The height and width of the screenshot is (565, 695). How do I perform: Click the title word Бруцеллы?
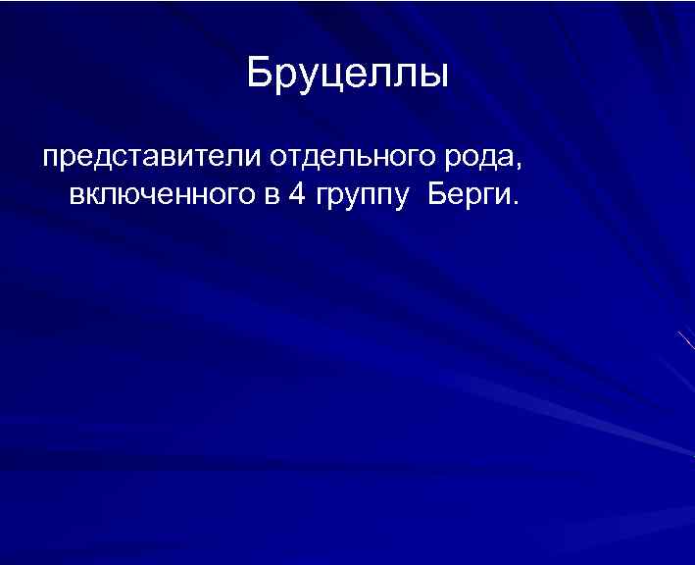347,75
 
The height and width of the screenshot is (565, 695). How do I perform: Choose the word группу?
361,196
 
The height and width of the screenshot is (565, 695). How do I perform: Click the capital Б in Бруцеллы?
259,74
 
